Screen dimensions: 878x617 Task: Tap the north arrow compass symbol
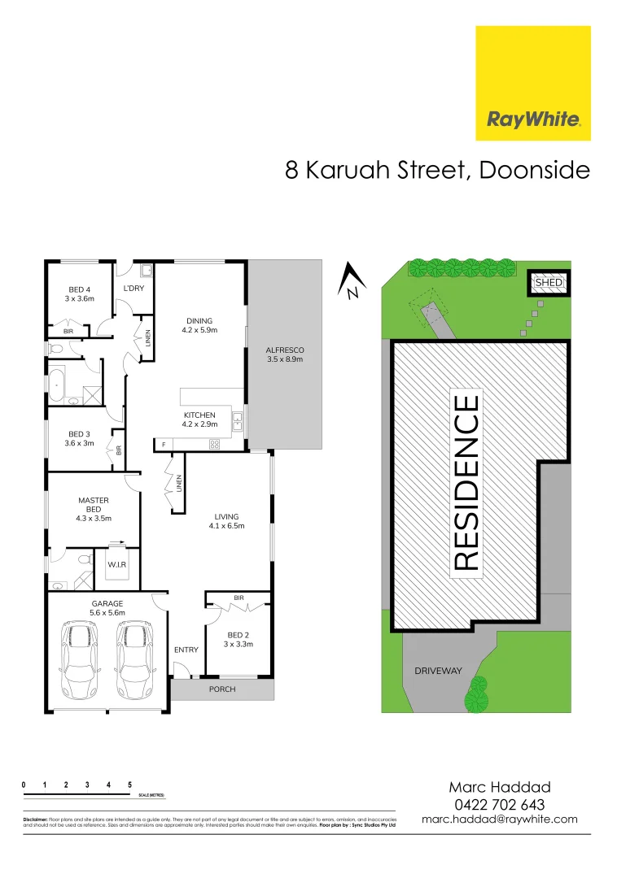(349, 280)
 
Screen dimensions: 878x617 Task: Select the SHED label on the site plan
(548, 283)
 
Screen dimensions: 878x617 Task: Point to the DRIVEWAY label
(438, 671)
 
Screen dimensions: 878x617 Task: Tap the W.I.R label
(117, 563)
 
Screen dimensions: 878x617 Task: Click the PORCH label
(222, 689)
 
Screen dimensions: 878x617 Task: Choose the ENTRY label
(186, 650)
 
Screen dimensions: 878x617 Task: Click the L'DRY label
(133, 289)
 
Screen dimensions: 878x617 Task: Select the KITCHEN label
(199, 415)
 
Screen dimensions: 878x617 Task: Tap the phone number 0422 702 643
(500, 804)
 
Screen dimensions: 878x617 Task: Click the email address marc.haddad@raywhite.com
(500, 819)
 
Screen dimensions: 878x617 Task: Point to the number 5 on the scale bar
(130, 785)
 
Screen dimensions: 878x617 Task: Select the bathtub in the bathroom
(56, 386)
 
